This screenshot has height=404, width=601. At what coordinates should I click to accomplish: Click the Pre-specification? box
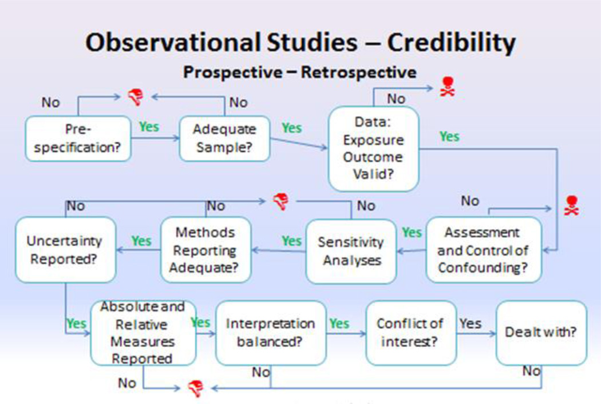click(78, 139)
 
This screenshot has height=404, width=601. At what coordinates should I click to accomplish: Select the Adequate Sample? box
click(224, 139)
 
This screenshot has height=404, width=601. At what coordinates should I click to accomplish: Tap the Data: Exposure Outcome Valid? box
click(373, 148)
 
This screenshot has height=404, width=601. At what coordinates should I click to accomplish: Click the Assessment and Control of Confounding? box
click(483, 250)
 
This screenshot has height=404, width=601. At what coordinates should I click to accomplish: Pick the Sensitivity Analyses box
click(351, 251)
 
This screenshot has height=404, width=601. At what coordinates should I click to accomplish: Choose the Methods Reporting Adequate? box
click(205, 250)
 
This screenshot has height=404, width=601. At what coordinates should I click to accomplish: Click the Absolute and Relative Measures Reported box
click(143, 332)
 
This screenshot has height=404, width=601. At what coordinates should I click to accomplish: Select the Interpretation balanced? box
click(270, 332)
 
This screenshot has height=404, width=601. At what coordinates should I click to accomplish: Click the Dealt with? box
click(540, 332)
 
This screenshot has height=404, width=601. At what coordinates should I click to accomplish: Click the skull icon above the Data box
click(446, 87)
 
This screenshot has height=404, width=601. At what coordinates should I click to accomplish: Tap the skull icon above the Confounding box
click(571, 205)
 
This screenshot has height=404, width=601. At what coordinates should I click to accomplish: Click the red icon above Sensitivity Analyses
click(280, 201)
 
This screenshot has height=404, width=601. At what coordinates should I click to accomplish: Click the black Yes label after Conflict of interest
click(470, 323)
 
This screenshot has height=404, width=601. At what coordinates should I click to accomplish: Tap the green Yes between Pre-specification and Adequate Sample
click(149, 127)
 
